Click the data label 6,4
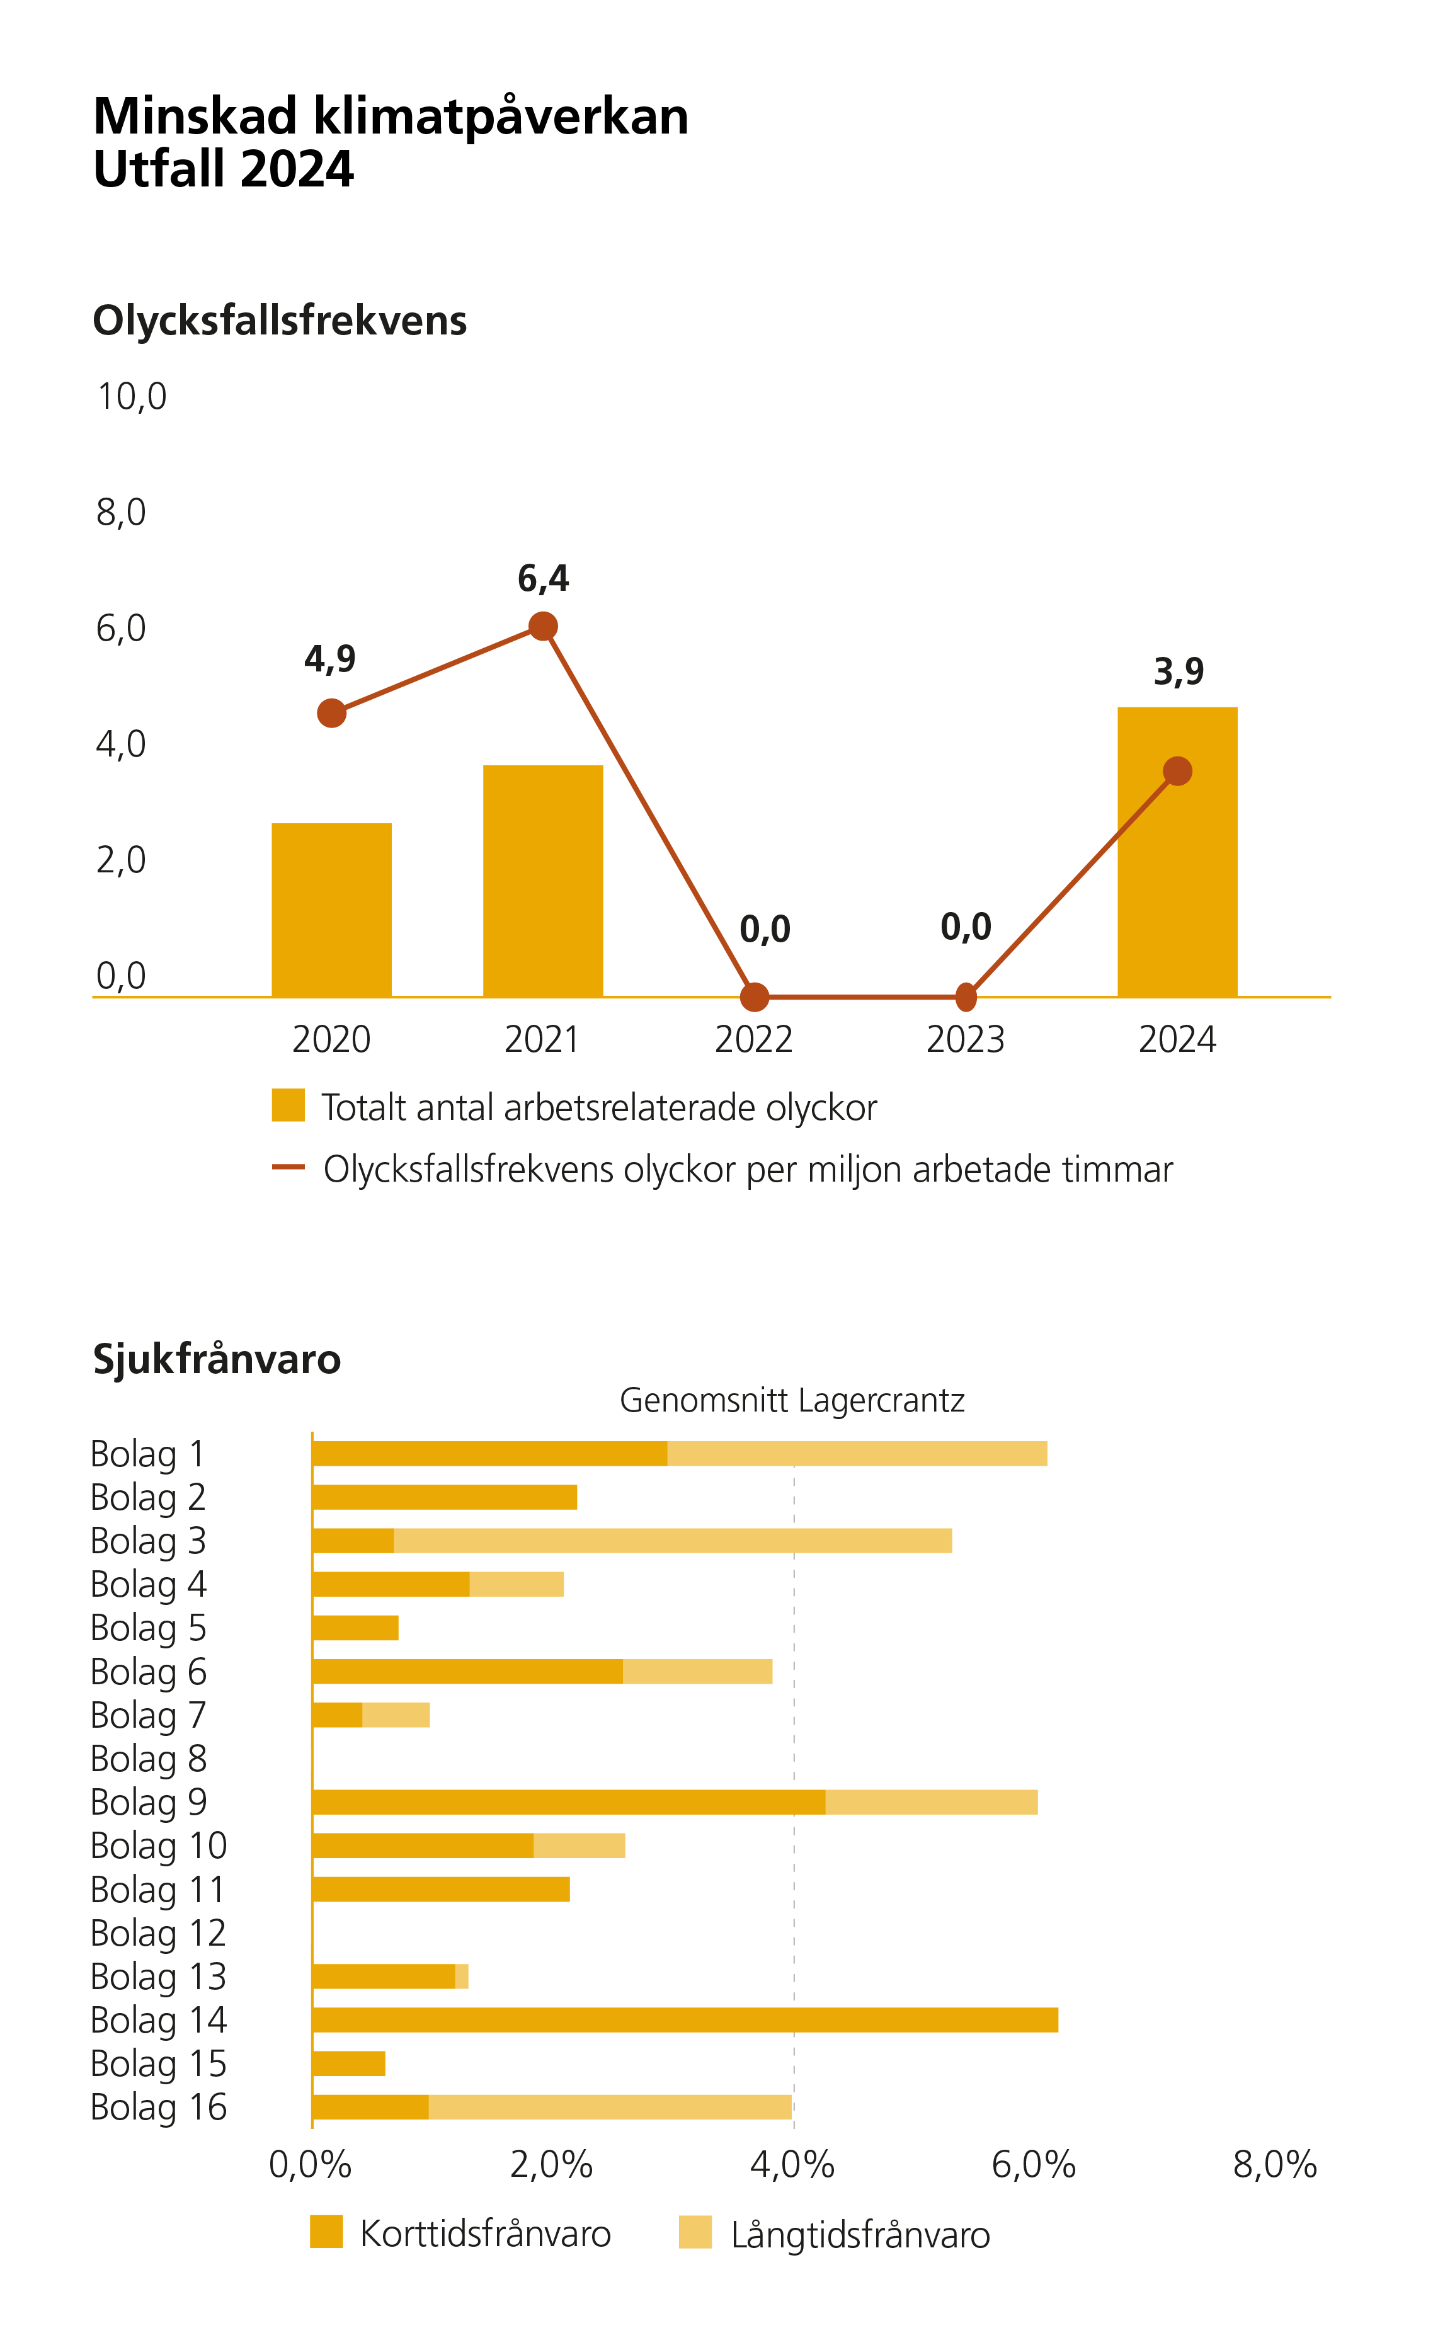coord(543,578)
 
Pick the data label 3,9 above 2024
coord(1178,672)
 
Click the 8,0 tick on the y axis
coord(122,513)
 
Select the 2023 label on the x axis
coord(965,1039)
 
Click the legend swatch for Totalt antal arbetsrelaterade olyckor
coord(287,1105)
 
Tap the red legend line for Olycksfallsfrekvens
coord(287,1167)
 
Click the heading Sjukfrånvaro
coord(216,1359)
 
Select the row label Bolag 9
coord(148,1802)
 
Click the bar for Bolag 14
coord(684,2020)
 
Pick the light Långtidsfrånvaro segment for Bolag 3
coord(672,1541)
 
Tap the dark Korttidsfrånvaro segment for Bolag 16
coord(370,2108)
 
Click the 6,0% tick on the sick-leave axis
coord(1033,2165)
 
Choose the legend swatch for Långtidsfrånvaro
coord(695,2232)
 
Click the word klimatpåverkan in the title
coord(500,117)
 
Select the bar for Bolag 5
coord(355,1628)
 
